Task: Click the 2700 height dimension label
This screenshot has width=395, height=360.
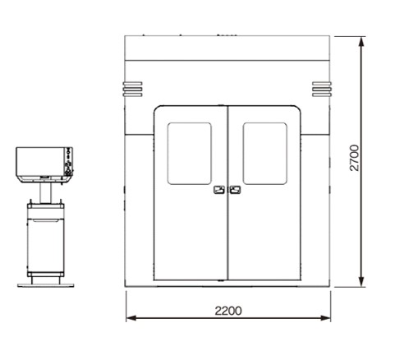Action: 355,158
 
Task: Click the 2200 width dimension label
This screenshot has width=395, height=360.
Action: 228,311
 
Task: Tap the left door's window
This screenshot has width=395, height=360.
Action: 190,154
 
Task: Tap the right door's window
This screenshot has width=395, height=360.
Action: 265,154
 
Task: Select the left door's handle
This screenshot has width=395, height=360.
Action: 219,190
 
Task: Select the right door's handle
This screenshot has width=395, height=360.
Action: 235,190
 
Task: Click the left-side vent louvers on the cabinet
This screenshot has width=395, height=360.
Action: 132,89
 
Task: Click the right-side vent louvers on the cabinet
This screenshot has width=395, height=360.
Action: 322,89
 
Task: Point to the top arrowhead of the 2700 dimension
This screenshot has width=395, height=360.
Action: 362,42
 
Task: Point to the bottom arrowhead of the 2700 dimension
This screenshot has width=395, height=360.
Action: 362,282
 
